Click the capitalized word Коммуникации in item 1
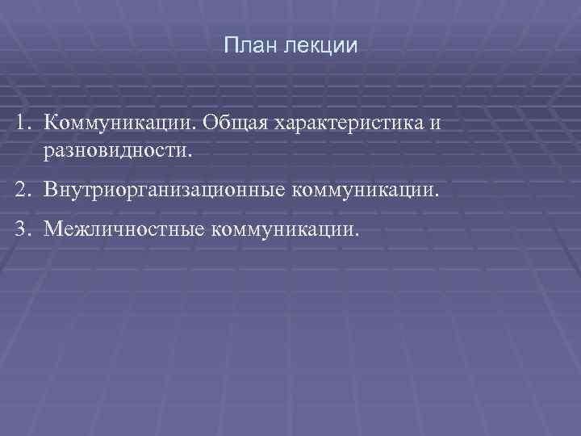click(x=119, y=124)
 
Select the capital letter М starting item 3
click(x=53, y=232)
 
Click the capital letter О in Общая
click(x=211, y=124)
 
